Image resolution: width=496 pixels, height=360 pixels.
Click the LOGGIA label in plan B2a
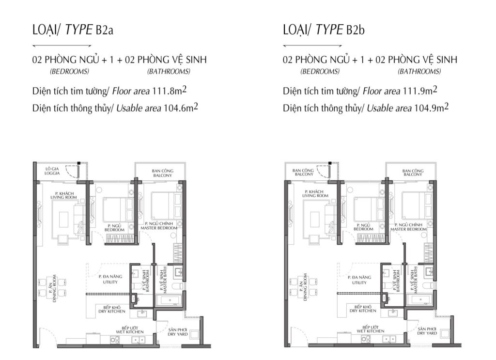pos(52,173)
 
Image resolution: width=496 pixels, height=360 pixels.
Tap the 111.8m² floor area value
pos(170,91)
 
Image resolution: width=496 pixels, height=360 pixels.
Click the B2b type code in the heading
pos(355,30)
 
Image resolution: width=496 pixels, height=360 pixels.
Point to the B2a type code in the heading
pos(104,30)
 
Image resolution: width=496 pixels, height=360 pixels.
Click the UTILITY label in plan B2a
pos(110,282)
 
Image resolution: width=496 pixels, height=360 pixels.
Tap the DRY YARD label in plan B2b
pos(427,333)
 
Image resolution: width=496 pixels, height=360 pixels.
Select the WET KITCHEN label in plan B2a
pos(130,332)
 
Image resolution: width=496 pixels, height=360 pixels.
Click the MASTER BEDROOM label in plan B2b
pos(408,229)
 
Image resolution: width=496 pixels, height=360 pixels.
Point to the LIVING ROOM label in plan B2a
pos(63,197)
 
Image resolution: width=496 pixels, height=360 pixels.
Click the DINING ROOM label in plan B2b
pos(305,287)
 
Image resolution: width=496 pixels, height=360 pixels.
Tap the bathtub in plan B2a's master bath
pos(170,300)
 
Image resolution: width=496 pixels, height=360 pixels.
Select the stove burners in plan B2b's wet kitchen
pos(366,339)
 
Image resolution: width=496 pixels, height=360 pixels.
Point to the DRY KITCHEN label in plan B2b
pos(363,311)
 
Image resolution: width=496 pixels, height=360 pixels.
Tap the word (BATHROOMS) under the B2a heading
pos(169,72)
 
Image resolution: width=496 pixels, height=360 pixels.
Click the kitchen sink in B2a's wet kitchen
pos(138,340)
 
